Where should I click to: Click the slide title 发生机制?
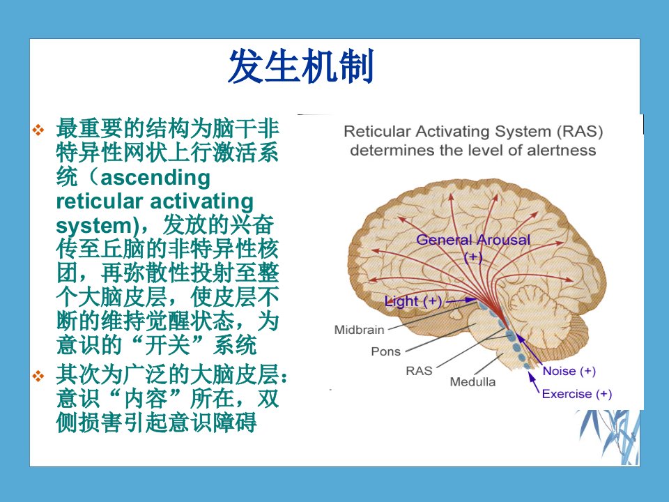click(301, 66)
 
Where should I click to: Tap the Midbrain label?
click(360, 330)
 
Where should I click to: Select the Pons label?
click(385, 351)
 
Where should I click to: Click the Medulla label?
click(472, 381)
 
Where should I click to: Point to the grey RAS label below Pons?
click(419, 370)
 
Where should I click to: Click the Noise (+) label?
click(569, 370)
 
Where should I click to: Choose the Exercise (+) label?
click(577, 393)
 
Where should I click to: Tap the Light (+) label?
click(413, 301)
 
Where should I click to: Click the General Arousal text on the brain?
click(473, 239)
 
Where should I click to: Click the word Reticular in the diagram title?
click(377, 131)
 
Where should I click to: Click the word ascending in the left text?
click(155, 178)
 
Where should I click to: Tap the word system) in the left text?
click(95, 225)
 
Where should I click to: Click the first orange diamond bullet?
click(38, 130)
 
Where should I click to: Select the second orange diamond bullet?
click(38, 376)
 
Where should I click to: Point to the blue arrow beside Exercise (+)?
click(534, 383)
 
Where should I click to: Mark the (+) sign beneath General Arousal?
click(473, 257)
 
